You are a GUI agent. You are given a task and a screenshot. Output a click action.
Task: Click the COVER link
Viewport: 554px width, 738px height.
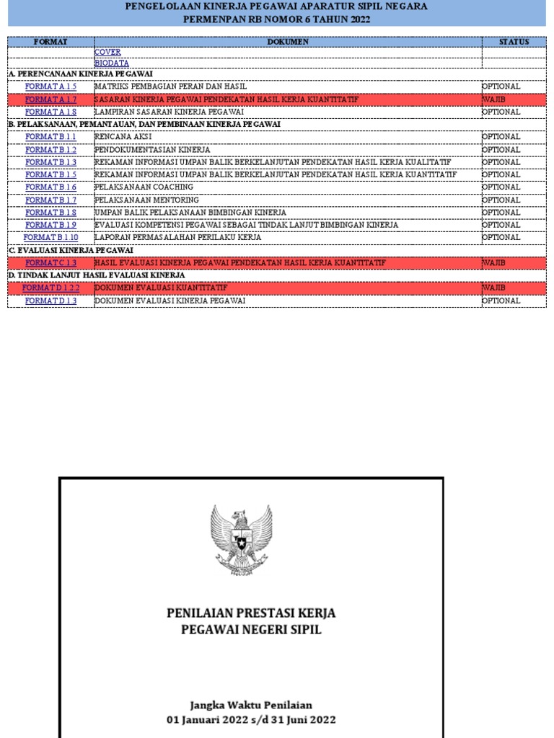click(107, 53)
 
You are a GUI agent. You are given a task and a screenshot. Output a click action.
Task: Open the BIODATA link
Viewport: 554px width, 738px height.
click(112, 63)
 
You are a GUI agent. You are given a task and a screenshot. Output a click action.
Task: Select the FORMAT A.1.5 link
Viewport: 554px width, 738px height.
click(50, 86)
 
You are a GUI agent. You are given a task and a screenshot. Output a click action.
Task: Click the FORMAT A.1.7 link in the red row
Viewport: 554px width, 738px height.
click(50, 99)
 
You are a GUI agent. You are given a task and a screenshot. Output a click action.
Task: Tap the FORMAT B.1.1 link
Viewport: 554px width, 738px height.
click(50, 137)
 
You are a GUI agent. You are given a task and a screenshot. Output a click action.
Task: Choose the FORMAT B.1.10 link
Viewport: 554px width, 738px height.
click(50, 237)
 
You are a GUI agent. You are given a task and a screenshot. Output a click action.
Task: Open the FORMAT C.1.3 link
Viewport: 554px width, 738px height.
click(50, 262)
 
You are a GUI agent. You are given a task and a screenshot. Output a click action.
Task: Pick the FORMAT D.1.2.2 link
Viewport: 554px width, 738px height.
click(50, 288)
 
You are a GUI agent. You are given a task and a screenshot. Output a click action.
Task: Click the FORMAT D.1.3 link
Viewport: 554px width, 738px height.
click(50, 301)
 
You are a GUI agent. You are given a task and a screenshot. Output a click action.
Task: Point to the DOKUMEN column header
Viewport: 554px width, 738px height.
click(288, 42)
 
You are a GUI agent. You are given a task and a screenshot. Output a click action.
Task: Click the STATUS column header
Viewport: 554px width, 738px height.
click(514, 42)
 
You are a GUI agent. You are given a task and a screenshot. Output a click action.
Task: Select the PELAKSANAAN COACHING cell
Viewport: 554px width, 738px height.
click(144, 187)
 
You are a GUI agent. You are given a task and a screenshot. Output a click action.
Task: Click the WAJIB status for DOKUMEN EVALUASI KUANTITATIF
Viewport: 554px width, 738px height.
click(494, 288)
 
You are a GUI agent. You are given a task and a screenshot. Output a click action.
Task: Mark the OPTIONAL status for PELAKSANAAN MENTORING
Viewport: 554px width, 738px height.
click(501, 200)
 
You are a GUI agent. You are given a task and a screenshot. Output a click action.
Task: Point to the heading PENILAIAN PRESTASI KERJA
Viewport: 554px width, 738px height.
click(251, 613)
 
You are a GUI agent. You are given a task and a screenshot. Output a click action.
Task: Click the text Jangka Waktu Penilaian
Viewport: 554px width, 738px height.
click(251, 705)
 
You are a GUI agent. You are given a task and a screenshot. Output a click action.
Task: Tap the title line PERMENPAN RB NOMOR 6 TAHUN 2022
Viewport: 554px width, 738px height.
click(277, 19)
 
